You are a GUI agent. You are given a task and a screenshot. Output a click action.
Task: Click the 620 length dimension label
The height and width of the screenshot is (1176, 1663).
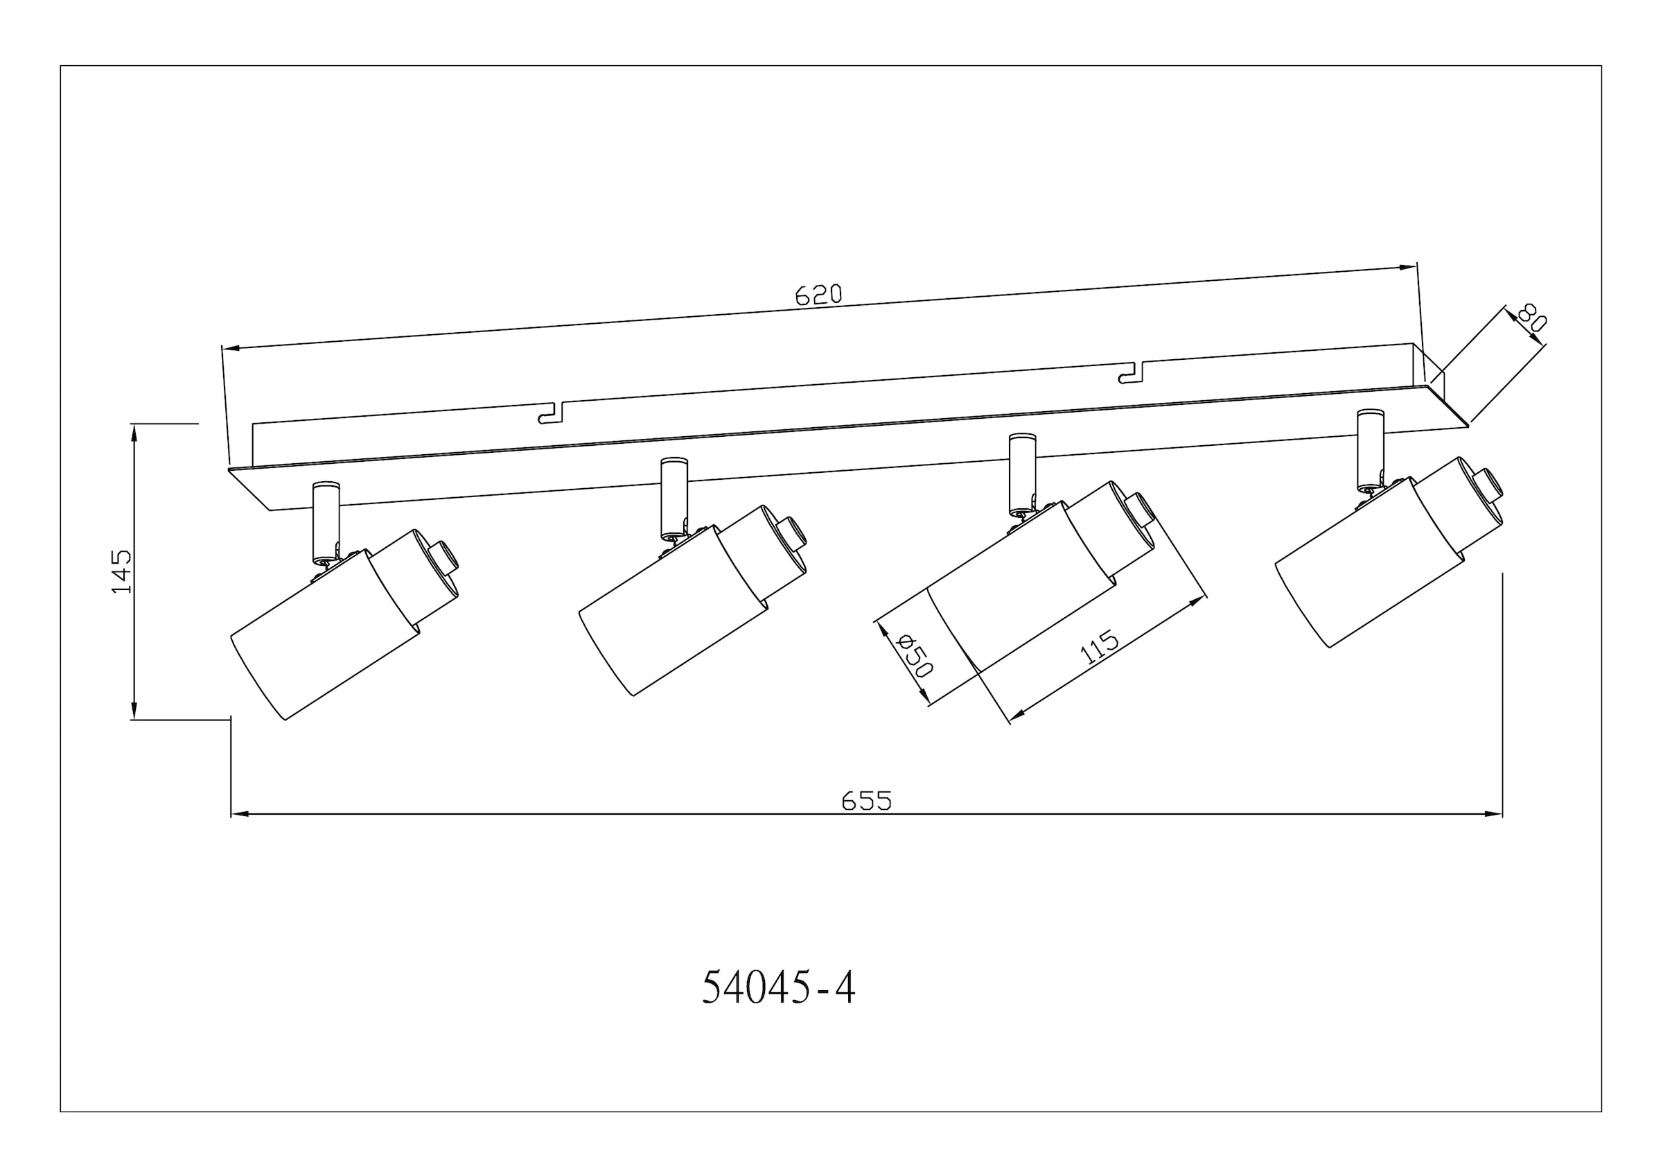coord(818,294)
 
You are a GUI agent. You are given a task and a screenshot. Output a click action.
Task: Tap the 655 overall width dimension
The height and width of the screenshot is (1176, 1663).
coord(866,801)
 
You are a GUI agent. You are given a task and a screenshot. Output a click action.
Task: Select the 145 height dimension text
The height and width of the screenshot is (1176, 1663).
coord(122,571)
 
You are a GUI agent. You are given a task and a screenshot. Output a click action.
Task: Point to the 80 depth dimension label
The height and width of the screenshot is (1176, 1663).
coord(1531,318)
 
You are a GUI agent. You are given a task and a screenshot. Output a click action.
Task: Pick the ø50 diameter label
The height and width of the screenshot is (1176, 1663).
coord(914,655)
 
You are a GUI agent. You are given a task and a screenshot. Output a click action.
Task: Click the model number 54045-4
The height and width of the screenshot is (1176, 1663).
coord(779,987)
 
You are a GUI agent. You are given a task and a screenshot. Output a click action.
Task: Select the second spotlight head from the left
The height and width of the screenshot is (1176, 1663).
coord(674,612)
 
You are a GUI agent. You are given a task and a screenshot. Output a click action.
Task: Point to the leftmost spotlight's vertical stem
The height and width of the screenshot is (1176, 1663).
coord(325,521)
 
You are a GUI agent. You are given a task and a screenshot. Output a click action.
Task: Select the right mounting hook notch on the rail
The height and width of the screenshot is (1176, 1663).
coord(1132,372)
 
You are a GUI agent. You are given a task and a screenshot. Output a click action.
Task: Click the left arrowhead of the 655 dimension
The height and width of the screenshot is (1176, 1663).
coord(239,814)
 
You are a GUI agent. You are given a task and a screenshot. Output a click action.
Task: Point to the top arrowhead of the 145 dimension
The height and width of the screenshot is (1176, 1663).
coord(134,431)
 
